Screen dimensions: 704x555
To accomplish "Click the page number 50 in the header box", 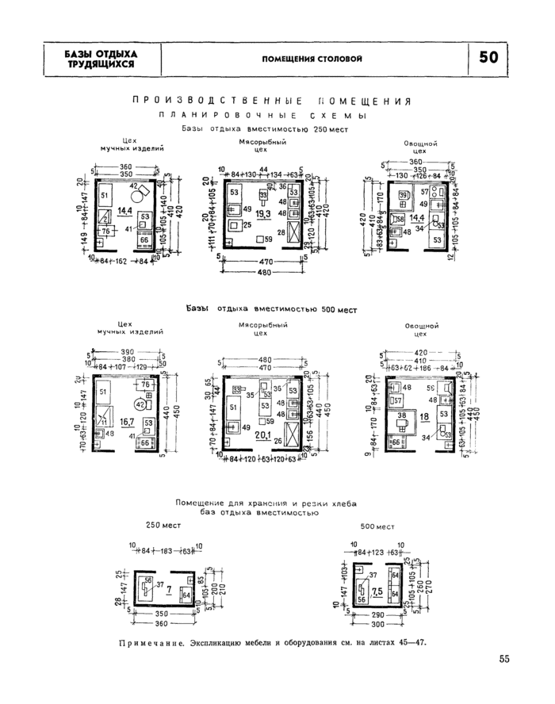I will [x=489, y=58].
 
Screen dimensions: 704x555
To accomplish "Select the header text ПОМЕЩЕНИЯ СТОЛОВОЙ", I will [x=312, y=59].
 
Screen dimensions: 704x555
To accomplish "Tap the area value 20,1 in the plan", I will [x=262, y=435].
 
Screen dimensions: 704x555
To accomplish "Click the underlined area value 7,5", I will [x=377, y=591].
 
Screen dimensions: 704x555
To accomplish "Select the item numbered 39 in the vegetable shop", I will [x=404, y=195].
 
